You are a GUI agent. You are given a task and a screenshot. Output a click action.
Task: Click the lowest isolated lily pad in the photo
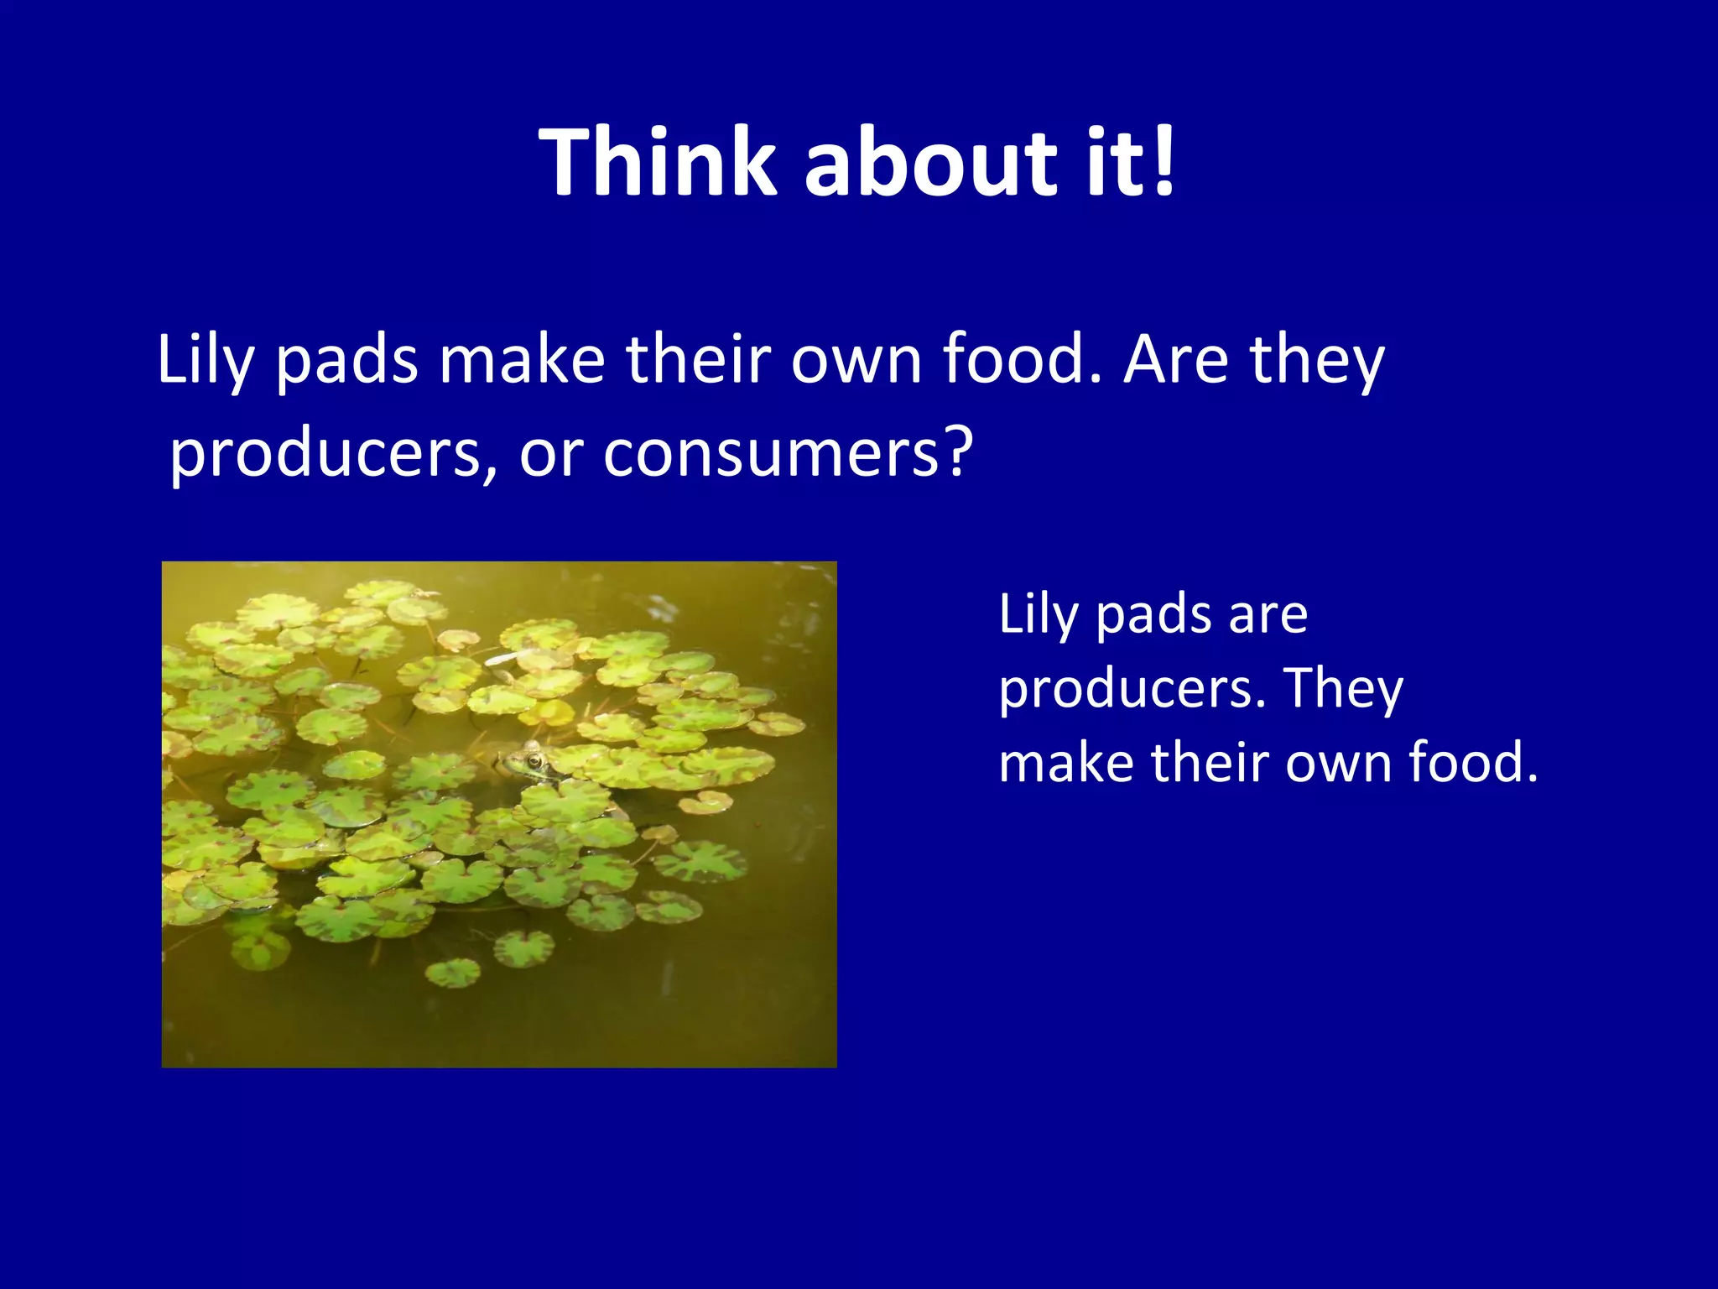click(453, 973)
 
